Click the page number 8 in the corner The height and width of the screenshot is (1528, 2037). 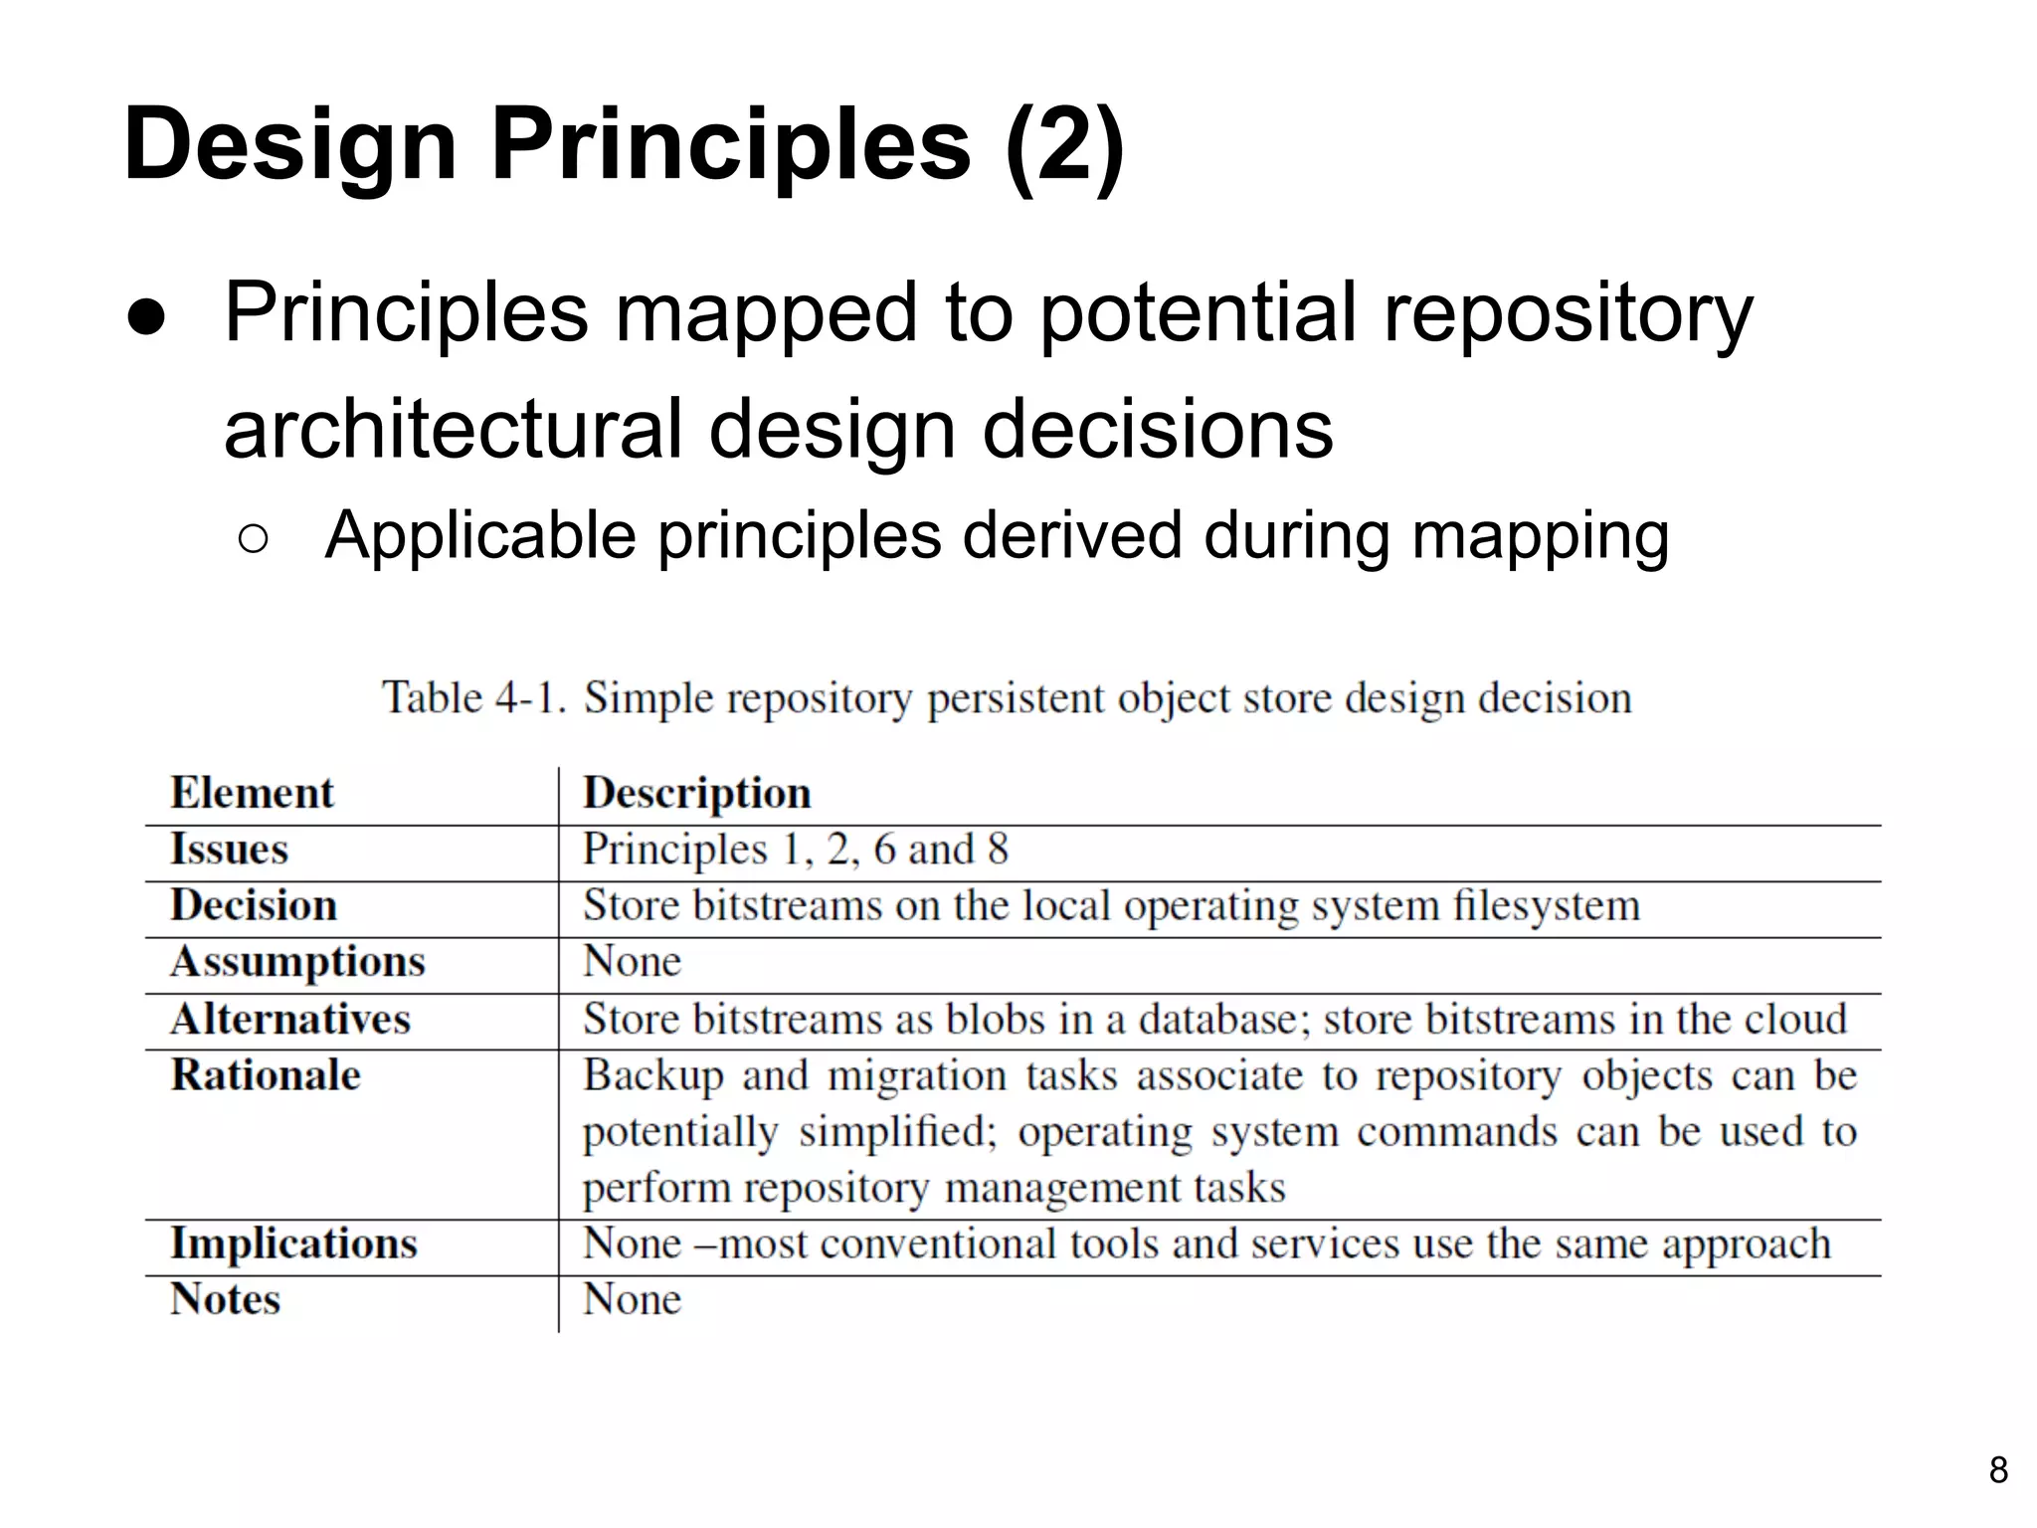click(x=1998, y=1469)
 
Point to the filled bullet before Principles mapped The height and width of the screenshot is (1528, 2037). click(x=146, y=316)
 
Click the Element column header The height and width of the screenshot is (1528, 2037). click(x=252, y=793)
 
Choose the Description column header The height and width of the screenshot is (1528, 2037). click(x=696, y=793)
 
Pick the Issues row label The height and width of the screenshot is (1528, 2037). click(x=229, y=850)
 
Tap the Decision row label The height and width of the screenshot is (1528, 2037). click(x=254, y=905)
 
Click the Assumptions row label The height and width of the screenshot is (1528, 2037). click(x=297, y=962)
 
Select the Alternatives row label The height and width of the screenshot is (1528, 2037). click(x=289, y=1019)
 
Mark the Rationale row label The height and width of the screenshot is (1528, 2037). click(x=266, y=1075)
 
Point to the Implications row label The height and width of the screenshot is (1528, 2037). click(x=293, y=1243)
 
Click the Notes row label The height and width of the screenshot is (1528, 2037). click(x=225, y=1299)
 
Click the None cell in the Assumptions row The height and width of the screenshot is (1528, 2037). click(x=632, y=962)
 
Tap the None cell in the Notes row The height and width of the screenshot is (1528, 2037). click(x=632, y=1299)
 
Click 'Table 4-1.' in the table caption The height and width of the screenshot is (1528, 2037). click(x=474, y=697)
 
